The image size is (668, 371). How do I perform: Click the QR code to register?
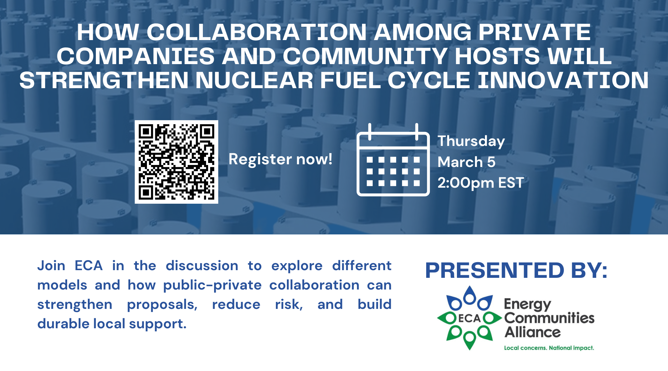click(176, 162)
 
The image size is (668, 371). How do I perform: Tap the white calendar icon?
click(393, 160)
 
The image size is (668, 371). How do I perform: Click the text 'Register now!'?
click(281, 159)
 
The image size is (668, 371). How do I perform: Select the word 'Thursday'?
click(471, 142)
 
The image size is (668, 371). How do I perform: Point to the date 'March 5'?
click(467, 162)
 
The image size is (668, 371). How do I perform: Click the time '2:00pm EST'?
click(481, 183)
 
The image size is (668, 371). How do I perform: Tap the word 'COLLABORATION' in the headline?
click(257, 32)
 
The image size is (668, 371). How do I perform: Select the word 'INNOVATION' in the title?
click(563, 80)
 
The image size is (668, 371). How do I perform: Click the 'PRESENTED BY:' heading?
click(516, 270)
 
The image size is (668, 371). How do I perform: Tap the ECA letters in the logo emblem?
click(469, 318)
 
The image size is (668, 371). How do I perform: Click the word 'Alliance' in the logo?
click(532, 332)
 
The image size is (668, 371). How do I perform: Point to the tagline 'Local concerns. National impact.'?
click(549, 348)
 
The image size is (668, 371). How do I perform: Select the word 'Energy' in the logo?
click(527, 305)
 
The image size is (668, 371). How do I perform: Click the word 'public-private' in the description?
click(212, 286)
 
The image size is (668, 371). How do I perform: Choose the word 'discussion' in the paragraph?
click(202, 266)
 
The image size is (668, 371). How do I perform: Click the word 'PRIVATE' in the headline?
click(534, 32)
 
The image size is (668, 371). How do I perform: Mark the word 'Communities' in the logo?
click(549, 318)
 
